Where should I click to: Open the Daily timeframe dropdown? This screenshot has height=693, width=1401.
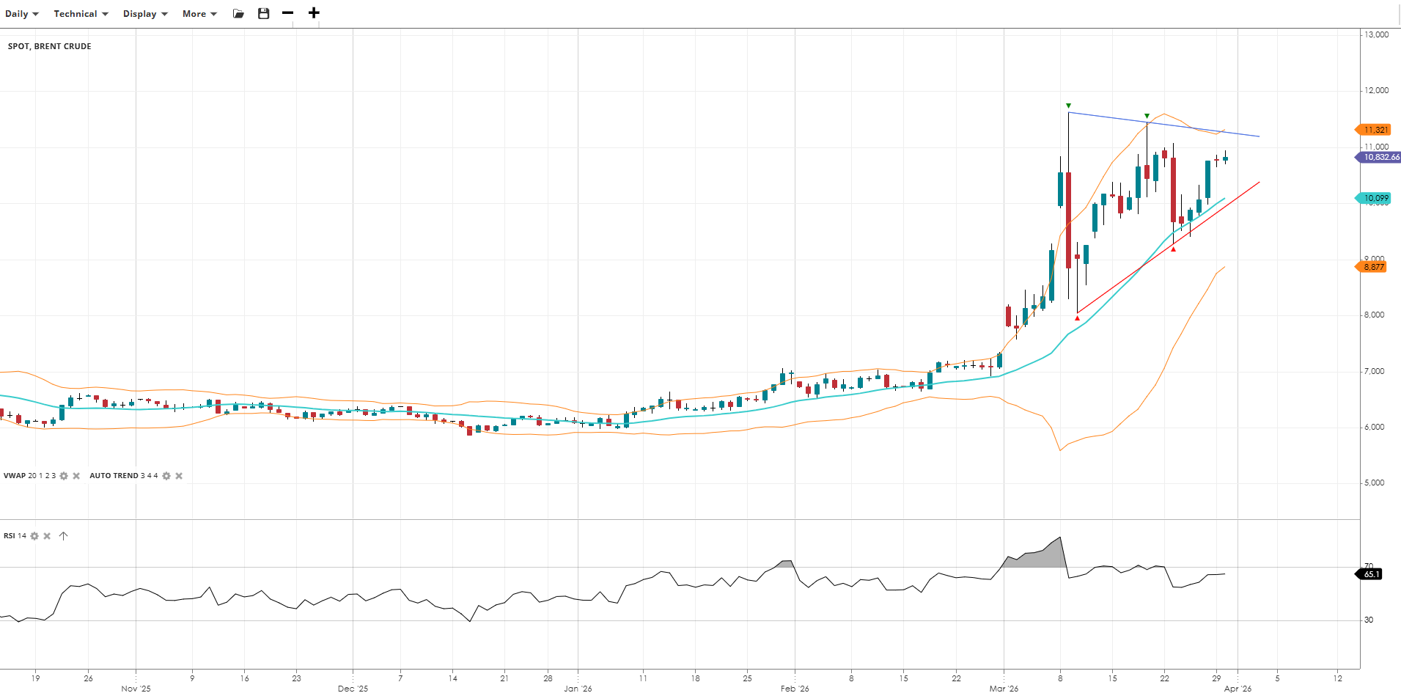21,14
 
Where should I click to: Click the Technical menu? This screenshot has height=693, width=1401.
81,14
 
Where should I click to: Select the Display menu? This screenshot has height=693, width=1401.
144,14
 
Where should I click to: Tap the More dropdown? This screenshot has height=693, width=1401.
199,14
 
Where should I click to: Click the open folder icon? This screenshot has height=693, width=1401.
238,13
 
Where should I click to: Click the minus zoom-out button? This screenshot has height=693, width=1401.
287,13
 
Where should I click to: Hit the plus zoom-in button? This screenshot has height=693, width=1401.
314,13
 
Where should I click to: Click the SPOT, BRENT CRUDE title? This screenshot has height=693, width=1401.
49,46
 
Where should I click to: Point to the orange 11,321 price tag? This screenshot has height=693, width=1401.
1375,130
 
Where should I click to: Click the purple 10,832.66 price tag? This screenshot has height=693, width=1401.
1380,157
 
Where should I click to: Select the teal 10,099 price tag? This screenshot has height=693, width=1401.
1375,198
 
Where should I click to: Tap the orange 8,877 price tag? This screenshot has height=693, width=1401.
1373,267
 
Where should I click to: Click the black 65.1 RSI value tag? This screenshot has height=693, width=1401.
1371,574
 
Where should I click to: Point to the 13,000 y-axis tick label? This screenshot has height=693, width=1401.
1376,34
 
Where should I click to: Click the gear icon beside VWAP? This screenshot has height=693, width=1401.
64,476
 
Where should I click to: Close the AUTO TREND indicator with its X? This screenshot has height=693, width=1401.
179,476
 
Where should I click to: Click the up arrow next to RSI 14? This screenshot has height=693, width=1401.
64,536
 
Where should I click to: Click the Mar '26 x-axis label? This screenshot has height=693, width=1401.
1003,689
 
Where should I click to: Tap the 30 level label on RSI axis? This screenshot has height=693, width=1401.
1369,620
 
